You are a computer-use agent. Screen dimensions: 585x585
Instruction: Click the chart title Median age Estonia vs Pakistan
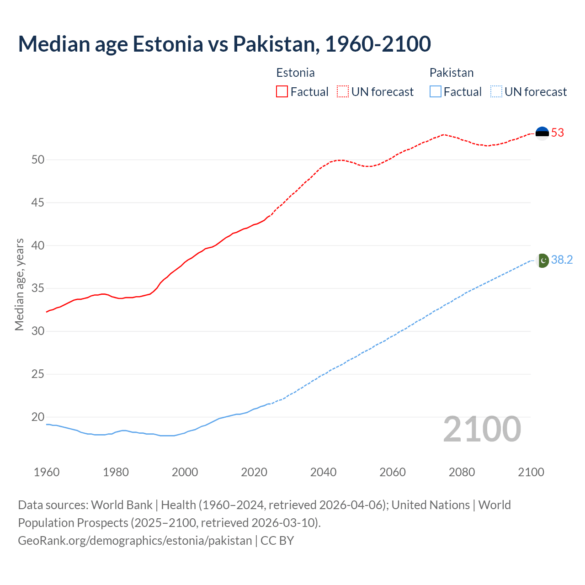pyautogui.click(x=224, y=44)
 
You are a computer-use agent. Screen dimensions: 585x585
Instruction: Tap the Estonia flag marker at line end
pyautogui.click(x=542, y=133)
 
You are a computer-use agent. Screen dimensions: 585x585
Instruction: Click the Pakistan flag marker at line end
pyautogui.click(x=542, y=261)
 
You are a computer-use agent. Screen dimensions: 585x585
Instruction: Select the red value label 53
pyautogui.click(x=558, y=133)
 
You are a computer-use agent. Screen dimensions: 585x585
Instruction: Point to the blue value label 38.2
pyautogui.click(x=562, y=260)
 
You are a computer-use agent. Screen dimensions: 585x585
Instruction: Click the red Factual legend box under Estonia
pyautogui.click(x=282, y=92)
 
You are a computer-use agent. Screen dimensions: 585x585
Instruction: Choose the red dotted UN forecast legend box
pyautogui.click(x=343, y=92)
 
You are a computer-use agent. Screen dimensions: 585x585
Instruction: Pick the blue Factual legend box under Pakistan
pyautogui.click(x=435, y=92)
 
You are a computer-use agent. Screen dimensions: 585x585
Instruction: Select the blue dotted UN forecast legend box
pyautogui.click(x=496, y=92)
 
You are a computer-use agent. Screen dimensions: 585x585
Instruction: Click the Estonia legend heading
pyautogui.click(x=295, y=73)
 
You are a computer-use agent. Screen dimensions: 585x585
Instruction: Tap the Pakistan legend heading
pyautogui.click(x=451, y=73)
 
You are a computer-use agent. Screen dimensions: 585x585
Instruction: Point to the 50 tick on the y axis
pyautogui.click(x=38, y=160)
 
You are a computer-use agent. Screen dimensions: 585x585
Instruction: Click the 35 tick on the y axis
pyautogui.click(x=38, y=288)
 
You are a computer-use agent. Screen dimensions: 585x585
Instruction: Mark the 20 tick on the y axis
pyautogui.click(x=38, y=417)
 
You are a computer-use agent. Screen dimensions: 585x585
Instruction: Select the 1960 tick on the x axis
pyautogui.click(x=47, y=472)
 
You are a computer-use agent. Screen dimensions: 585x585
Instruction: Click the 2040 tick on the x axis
pyautogui.click(x=323, y=472)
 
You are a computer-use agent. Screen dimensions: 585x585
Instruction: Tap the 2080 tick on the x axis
pyautogui.click(x=462, y=472)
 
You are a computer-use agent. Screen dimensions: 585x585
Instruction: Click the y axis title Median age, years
pyautogui.click(x=19, y=284)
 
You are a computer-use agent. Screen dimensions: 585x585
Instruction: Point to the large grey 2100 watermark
pyautogui.click(x=482, y=429)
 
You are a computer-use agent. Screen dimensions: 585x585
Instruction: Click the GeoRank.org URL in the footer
pyautogui.click(x=135, y=541)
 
